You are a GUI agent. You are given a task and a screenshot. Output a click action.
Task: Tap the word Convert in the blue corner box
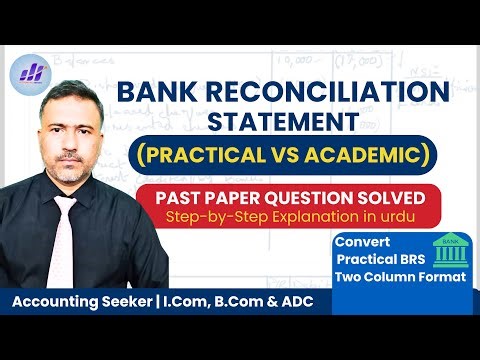(361, 243)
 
